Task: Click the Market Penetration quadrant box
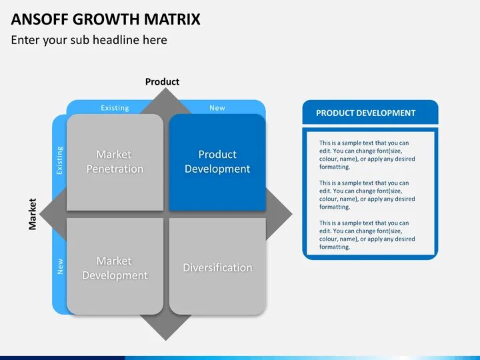tap(115, 162)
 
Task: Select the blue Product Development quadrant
tap(217, 162)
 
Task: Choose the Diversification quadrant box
tap(217, 267)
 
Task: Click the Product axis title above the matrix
tap(162, 82)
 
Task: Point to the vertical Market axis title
tap(32, 214)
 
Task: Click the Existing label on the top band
tap(115, 108)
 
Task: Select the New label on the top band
tap(217, 108)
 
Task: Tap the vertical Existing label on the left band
tap(60, 161)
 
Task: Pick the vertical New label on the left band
tap(60, 267)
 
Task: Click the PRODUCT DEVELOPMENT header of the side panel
tap(365, 113)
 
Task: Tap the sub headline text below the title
tap(89, 40)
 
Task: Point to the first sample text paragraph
tap(367, 155)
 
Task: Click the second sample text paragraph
tap(367, 195)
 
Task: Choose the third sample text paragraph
tap(367, 235)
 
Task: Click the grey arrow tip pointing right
tap(287, 214)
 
